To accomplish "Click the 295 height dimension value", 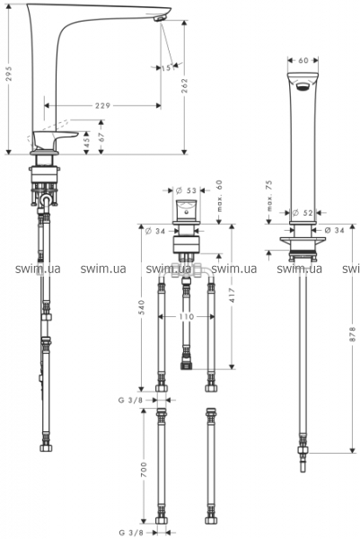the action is click(x=9, y=74).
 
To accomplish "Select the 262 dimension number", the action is click(x=185, y=85).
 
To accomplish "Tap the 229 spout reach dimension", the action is click(x=102, y=105).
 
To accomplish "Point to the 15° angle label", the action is click(x=167, y=68).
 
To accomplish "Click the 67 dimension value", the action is click(x=101, y=137).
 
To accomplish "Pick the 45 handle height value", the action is click(x=86, y=142).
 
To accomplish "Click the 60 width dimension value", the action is click(x=303, y=60).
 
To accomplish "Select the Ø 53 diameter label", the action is click(x=186, y=190).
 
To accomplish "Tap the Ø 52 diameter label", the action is click(x=303, y=213).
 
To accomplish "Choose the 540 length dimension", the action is click(x=142, y=307).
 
